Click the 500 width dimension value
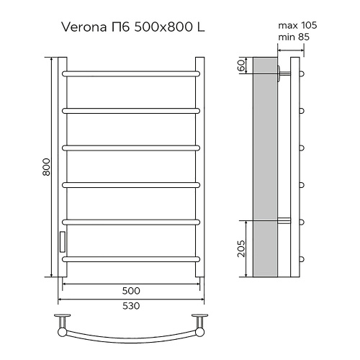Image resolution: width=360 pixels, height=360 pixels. pyautogui.click(x=131, y=291)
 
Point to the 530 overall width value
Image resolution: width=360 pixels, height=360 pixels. pyautogui.click(x=131, y=305)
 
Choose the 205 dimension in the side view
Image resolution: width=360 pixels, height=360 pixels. pyautogui.click(x=243, y=249)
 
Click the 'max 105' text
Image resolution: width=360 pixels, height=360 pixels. pyautogui.click(x=297, y=26)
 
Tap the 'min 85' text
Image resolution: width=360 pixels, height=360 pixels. pyautogui.click(x=296, y=37)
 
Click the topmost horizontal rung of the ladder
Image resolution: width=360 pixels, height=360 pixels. pyautogui.click(x=131, y=73)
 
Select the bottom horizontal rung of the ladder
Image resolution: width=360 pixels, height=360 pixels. pyautogui.click(x=131, y=258)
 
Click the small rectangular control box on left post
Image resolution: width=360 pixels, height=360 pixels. pyautogui.click(x=62, y=240)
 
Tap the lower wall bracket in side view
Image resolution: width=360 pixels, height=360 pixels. pyautogui.click(x=284, y=220)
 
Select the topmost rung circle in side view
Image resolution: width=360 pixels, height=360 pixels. pyautogui.click(x=303, y=73)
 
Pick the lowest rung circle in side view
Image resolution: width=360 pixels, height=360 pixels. pyautogui.click(x=303, y=258)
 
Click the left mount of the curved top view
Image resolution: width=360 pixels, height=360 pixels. pyautogui.click(x=63, y=321)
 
